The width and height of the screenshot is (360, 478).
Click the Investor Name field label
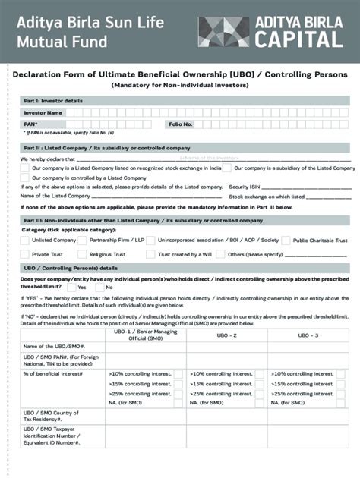43,112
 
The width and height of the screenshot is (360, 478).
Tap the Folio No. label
181,124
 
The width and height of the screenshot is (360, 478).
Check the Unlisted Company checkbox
24,241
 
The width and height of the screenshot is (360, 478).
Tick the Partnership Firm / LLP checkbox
83,241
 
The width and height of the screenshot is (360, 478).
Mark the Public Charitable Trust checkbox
286,241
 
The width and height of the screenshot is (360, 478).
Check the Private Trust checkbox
24,254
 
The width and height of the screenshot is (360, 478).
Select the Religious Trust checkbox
83,254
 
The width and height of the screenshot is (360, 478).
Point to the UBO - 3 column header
307,335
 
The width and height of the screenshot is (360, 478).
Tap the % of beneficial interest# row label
53,373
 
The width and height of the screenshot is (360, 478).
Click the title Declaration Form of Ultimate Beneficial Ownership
179,74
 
